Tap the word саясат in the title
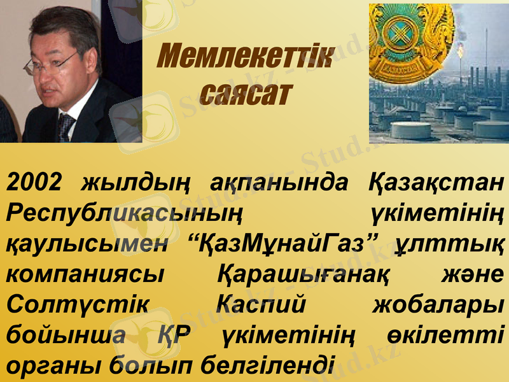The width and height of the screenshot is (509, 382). [245, 94]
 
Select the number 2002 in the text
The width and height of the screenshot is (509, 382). [34, 183]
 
